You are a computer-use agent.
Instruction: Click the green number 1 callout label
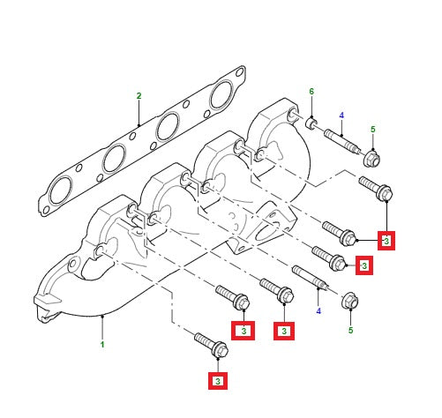point(101,344)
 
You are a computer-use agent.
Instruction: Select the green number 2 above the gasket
point(139,95)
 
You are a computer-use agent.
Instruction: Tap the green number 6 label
point(311,92)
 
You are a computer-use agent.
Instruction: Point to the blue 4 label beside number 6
point(341,115)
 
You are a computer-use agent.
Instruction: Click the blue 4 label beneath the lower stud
point(318,310)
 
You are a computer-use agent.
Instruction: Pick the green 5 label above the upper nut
point(372,130)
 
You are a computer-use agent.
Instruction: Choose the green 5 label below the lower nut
point(350,330)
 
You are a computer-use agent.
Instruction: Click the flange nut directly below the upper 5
point(372,160)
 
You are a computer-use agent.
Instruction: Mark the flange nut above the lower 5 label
point(349,300)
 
